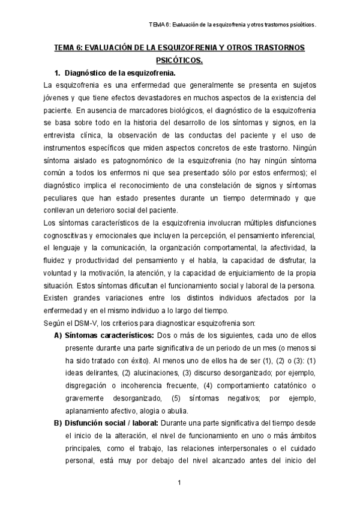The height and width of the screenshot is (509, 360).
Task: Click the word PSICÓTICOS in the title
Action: (179, 60)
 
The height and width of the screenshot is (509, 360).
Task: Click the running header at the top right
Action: (232, 26)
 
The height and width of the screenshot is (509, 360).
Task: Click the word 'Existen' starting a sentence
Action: (56, 298)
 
